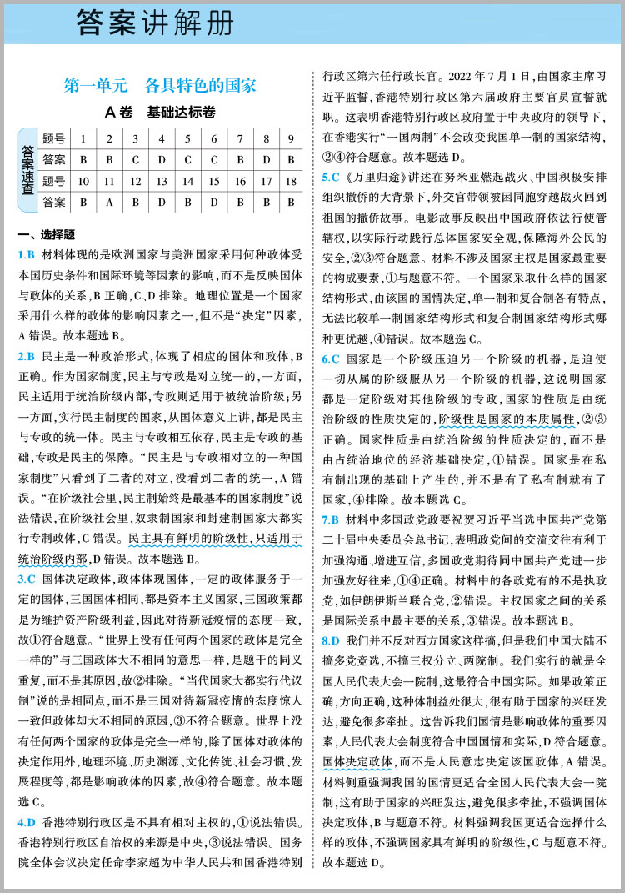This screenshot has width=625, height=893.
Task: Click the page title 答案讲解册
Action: (154, 23)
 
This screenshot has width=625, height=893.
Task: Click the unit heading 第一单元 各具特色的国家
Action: (160, 86)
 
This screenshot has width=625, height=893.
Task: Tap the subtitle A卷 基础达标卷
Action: (160, 112)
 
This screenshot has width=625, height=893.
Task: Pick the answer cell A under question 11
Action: (109, 201)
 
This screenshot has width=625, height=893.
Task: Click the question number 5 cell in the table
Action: (187, 138)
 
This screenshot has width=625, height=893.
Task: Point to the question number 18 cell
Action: (291, 180)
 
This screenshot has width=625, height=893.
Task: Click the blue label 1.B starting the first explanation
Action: (26, 254)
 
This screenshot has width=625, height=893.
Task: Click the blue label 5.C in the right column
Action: (332, 177)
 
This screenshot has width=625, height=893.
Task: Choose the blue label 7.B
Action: (332, 519)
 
